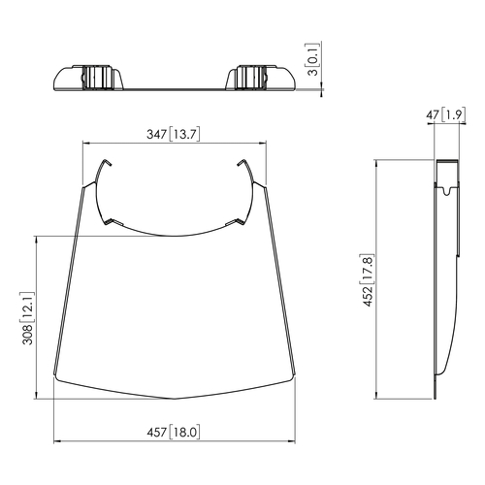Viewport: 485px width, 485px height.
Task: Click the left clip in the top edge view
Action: pyautogui.click(x=98, y=77)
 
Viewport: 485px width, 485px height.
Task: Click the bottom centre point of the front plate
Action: pyautogui.click(x=174, y=399)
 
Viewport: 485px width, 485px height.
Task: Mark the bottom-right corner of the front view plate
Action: pyautogui.click(x=292, y=379)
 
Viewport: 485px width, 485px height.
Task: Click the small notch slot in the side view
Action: pyautogui.click(x=444, y=194)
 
